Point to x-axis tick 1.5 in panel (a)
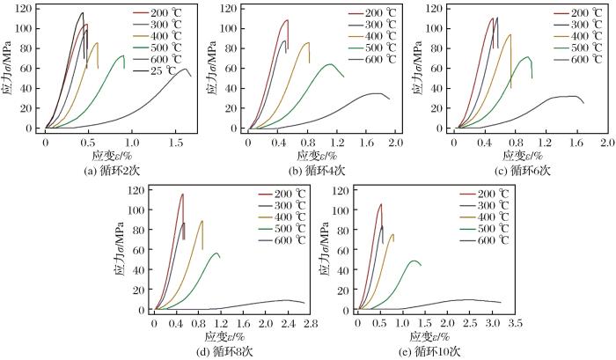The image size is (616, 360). (175, 141)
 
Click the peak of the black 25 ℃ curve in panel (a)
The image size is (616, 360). (83, 13)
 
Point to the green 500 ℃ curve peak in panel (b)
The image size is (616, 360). (329, 64)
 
